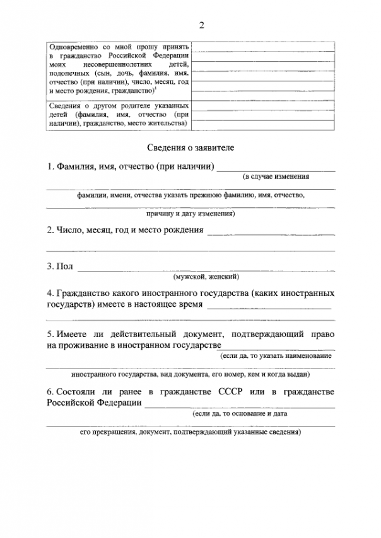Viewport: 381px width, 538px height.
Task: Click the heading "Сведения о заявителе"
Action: coord(190,148)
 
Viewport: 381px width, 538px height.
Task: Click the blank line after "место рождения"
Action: coord(271,233)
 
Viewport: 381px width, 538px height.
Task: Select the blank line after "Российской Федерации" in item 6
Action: coord(240,406)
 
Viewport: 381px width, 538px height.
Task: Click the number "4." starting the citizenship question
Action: coord(50,294)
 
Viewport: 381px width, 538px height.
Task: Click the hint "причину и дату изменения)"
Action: coord(190,214)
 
